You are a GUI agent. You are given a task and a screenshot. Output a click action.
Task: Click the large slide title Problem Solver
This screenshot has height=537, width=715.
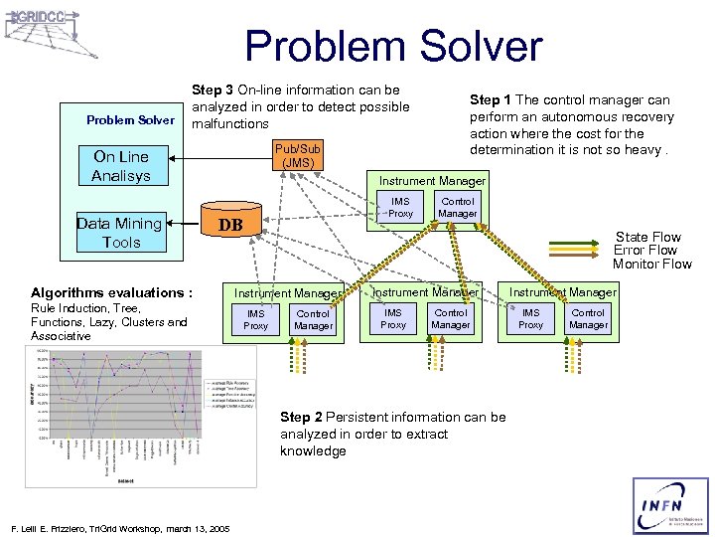pyautogui.click(x=393, y=46)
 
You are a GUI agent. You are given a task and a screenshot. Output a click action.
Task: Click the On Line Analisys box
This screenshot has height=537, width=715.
pyautogui.click(x=122, y=166)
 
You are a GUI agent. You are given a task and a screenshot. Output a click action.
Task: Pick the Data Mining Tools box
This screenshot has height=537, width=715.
pyautogui.click(x=120, y=233)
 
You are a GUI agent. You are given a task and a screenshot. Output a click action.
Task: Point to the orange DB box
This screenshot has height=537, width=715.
pyautogui.click(x=230, y=225)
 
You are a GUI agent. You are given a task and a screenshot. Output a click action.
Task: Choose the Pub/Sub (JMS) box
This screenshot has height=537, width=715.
pyautogui.click(x=298, y=155)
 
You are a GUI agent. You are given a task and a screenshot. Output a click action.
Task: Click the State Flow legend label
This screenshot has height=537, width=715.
pyautogui.click(x=648, y=237)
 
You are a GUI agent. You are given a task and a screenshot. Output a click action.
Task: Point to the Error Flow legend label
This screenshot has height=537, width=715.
pyautogui.click(x=647, y=250)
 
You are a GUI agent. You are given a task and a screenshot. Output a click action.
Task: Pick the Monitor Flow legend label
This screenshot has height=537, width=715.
pyautogui.click(x=651, y=264)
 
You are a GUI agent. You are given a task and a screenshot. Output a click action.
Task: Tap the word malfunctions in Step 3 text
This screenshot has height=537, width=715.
pyautogui.click(x=230, y=123)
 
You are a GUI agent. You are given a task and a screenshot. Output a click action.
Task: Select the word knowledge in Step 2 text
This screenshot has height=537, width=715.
pyautogui.click(x=313, y=450)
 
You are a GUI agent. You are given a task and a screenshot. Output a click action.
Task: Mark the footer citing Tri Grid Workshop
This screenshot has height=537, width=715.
pyautogui.click(x=118, y=527)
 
